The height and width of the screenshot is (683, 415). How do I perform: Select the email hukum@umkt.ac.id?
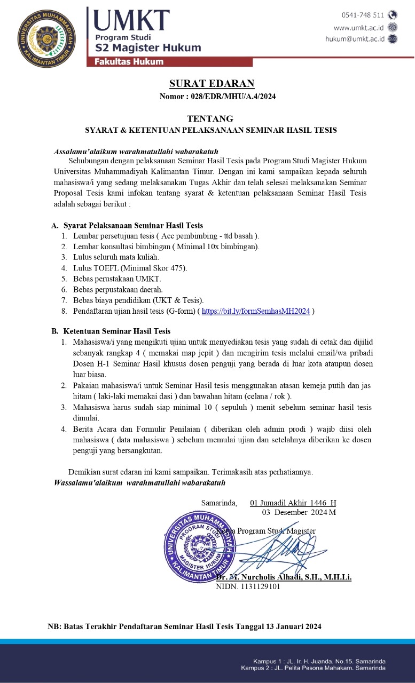pos(355,39)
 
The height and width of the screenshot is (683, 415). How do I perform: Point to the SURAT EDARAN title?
pos(212,84)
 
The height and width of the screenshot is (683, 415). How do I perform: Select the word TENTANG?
pos(210,118)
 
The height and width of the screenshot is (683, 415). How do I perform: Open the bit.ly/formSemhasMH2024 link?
pos(256,312)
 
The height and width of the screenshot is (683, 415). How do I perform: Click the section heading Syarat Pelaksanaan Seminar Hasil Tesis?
pos(133,226)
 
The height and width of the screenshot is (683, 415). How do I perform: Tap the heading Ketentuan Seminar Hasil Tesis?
pos(116,331)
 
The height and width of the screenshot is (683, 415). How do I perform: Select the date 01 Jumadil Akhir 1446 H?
pos(293,503)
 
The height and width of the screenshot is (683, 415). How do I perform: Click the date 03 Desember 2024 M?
pos(299,512)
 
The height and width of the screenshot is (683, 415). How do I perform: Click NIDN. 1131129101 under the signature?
pos(248,586)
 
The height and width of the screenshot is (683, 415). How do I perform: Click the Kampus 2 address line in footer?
pos(313,668)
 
